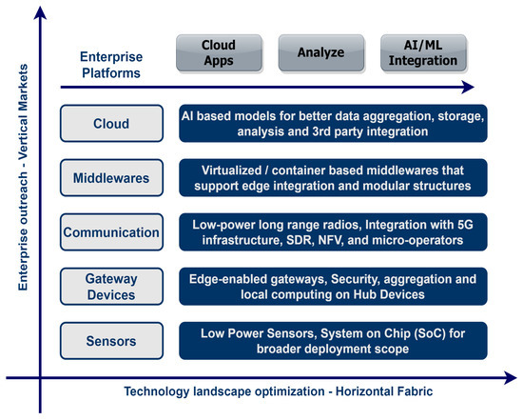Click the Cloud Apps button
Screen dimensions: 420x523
pos(219,52)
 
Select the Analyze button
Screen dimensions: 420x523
pos(320,52)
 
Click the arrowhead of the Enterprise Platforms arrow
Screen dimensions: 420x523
pos(468,88)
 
